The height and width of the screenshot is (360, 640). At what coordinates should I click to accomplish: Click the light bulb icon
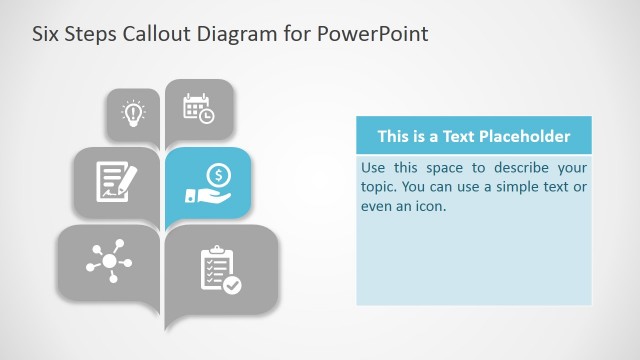coord(132,112)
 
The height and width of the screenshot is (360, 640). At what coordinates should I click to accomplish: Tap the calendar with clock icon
coord(198,108)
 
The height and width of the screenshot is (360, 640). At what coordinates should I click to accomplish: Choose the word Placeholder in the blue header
coord(523,136)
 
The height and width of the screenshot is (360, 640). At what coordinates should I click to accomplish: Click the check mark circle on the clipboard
coord(232,285)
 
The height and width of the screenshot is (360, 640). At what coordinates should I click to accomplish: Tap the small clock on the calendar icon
coord(206,116)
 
